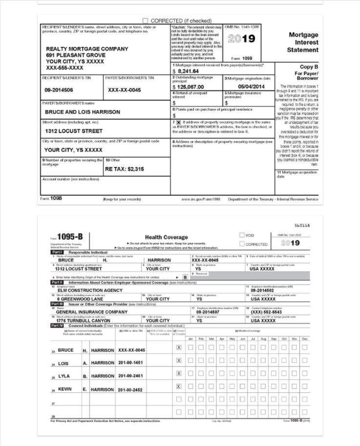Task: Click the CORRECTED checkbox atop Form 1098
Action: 145,21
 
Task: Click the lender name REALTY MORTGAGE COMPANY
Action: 87,49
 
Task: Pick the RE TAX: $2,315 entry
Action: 125,169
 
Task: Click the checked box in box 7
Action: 179,122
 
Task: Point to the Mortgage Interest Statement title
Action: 303,42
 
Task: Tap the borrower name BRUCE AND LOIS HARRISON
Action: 82,112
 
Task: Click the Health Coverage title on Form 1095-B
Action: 166,237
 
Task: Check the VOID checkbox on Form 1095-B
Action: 242,235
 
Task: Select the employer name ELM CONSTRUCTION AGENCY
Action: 90,290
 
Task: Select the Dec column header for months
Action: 305,339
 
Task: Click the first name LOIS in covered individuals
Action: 64,363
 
